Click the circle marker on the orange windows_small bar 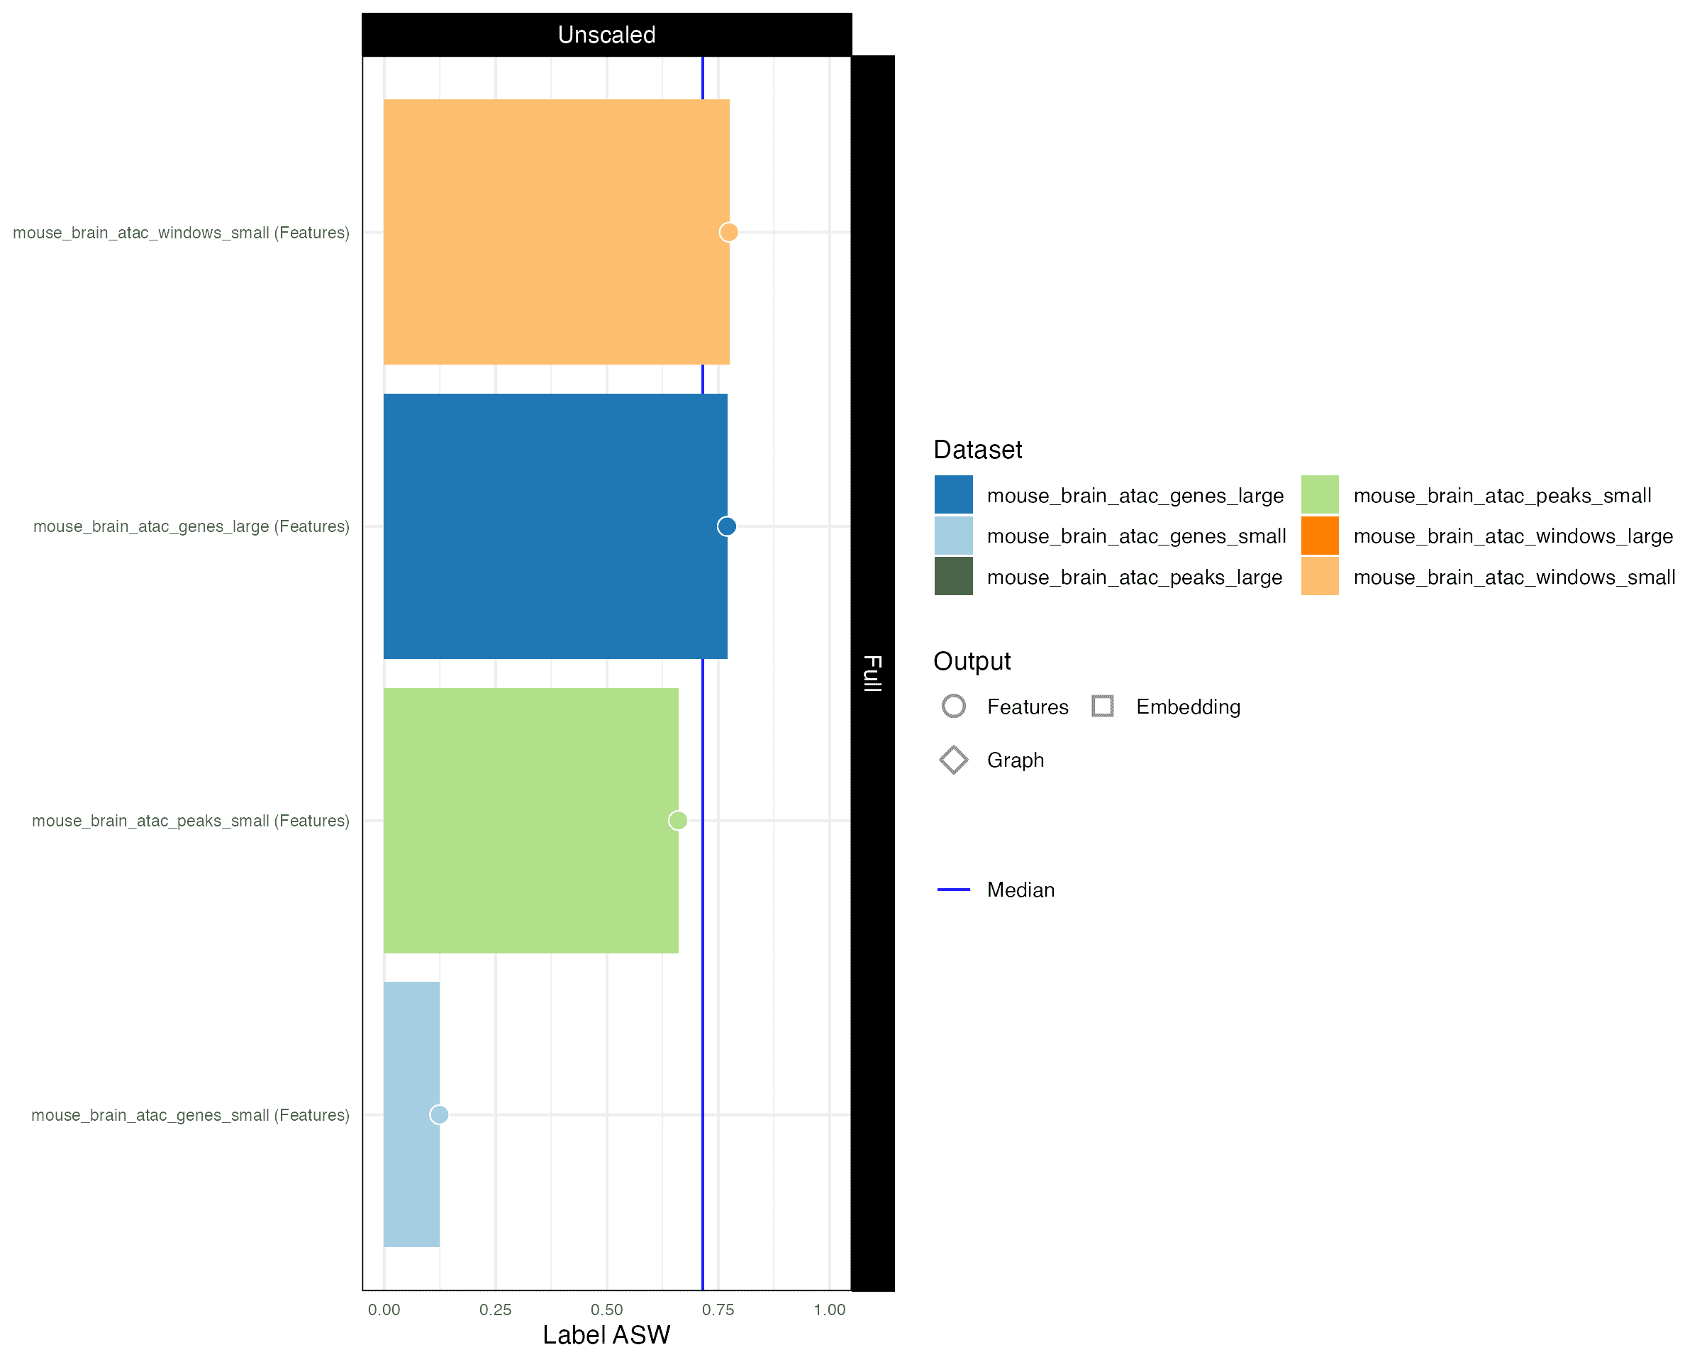(728, 232)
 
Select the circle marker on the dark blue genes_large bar (726, 526)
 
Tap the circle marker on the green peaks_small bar (677, 820)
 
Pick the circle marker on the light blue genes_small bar (439, 1114)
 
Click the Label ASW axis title (606, 1335)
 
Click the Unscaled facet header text (606, 35)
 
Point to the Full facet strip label (872, 672)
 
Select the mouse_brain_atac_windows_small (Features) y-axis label (181, 233)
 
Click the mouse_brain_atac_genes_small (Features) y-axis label (190, 1115)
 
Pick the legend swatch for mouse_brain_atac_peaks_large (953, 577)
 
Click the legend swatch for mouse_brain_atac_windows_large (1319, 536)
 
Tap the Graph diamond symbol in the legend (953, 760)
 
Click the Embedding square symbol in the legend (1102, 706)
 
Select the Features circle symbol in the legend (953, 706)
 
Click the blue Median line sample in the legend (953, 890)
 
